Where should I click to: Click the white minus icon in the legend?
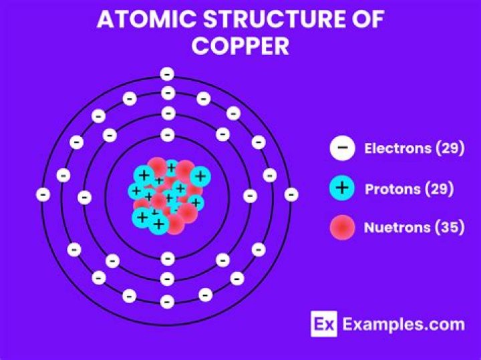point(342,149)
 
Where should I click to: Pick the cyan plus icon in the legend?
point(342,188)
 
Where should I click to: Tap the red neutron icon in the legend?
point(342,228)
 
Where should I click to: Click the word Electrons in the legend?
point(397,149)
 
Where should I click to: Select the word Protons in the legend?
point(393,188)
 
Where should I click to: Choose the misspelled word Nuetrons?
point(397,228)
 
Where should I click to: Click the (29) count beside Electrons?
point(450,149)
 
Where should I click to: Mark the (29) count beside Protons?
point(440,188)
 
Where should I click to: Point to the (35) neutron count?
point(450,228)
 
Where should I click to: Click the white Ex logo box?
point(324,325)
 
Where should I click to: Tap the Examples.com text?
point(404,325)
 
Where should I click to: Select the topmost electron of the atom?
point(168,73)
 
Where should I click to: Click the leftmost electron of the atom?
point(43,195)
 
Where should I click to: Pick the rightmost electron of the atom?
point(291,195)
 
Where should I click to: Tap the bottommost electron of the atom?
point(168,302)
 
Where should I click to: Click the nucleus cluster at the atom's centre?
point(168,195)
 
